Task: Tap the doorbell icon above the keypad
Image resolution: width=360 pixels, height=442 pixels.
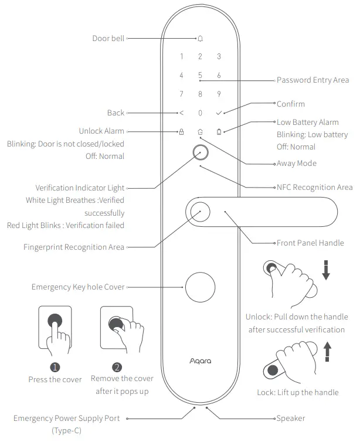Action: pos(200,39)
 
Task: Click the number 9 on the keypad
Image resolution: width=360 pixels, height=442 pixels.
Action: pos(219,94)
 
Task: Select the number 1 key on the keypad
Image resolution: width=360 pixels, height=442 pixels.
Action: pos(181,57)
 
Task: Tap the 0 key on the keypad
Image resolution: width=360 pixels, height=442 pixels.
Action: pos(200,113)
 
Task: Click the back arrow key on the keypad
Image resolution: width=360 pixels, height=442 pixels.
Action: pos(181,113)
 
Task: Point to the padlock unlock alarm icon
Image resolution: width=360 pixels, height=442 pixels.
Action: pos(181,132)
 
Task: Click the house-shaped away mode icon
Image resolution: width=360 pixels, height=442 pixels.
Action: pos(200,132)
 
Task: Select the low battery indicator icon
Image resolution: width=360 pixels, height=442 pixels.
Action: pos(219,132)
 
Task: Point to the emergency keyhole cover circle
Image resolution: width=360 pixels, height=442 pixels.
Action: pos(200,287)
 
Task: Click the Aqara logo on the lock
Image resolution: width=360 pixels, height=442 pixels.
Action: pos(200,361)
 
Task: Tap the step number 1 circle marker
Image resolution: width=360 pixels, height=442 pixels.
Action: pos(55,367)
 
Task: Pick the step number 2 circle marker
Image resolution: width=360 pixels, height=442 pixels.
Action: pos(117,367)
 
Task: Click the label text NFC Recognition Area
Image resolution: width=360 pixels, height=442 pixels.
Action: pos(314,188)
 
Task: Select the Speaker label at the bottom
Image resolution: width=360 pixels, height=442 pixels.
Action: pos(290,419)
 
